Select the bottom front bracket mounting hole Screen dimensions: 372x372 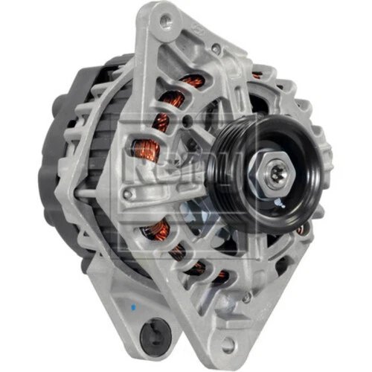(228, 344)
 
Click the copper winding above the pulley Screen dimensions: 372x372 (257, 74)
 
